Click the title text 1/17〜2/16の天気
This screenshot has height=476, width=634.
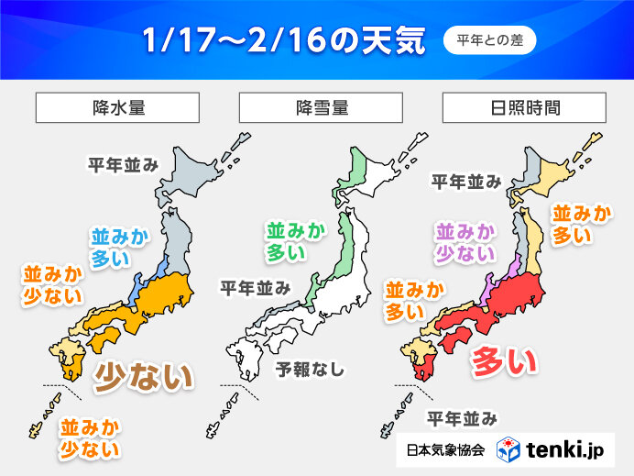284,41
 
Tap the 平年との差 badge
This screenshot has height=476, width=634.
489,40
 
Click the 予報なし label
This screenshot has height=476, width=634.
311,370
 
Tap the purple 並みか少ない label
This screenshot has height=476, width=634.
467,240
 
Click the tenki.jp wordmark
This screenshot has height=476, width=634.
567,450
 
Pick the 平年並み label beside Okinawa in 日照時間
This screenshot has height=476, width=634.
463,419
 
